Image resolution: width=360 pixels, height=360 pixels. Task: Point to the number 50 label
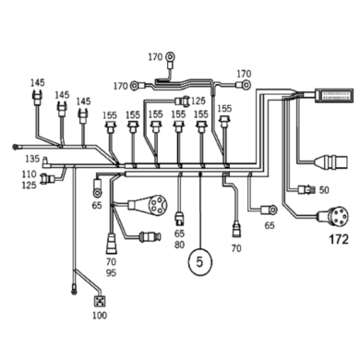pos(324,191)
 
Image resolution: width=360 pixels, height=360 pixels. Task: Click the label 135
pos(30,160)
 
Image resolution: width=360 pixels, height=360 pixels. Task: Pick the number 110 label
pos(29,174)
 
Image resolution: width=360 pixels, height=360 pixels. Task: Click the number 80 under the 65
pos(181,245)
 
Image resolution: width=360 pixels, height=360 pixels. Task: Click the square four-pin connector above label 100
pos(98,300)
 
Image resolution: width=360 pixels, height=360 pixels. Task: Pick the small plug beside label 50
pos(306,192)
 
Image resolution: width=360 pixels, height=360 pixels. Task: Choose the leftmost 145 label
pos(37,82)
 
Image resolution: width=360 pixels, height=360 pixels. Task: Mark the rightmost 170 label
pos(244,73)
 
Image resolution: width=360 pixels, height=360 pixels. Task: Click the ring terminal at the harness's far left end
pos(16,145)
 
